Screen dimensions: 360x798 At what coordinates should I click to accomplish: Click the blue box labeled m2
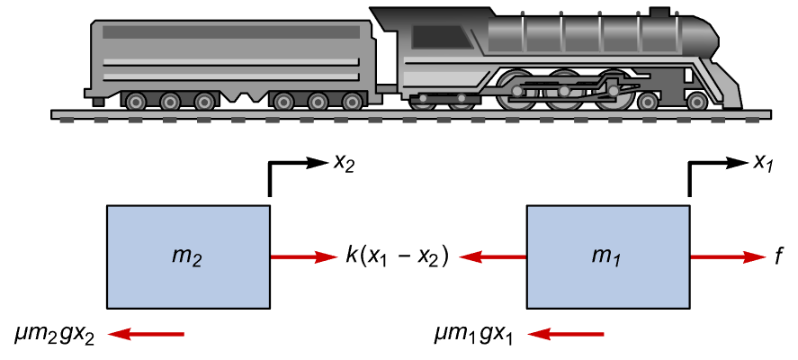(x=188, y=256)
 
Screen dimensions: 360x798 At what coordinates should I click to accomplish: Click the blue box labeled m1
(x=608, y=256)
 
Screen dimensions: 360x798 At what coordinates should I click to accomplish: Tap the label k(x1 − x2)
(x=397, y=256)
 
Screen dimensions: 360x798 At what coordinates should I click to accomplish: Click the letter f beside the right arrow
(x=776, y=257)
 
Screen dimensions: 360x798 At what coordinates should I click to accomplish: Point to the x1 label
(x=763, y=163)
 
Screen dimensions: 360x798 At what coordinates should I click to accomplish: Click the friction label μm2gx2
(x=54, y=335)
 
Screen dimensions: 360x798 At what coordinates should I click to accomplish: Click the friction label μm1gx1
(x=473, y=335)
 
